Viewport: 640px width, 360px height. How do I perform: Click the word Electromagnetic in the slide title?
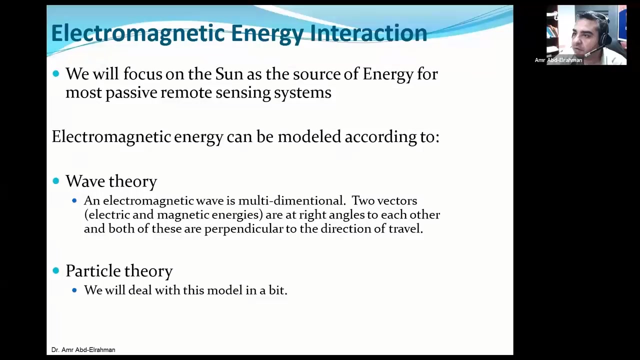(138, 33)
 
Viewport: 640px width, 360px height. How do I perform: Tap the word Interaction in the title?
(368, 33)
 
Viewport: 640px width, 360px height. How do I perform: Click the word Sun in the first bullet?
(228, 74)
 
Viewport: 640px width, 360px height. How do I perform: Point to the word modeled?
(309, 137)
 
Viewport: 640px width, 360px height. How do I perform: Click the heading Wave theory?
(111, 181)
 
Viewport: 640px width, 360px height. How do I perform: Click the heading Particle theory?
(119, 271)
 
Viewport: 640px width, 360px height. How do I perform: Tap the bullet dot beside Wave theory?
(55, 181)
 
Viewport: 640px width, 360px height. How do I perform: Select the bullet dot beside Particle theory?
(55, 270)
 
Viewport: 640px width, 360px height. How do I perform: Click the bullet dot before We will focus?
(55, 74)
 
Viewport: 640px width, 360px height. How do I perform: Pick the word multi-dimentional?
(291, 201)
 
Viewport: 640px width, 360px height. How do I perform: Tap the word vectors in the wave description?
(397, 201)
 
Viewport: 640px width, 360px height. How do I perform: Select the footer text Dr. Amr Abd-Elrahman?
(83, 350)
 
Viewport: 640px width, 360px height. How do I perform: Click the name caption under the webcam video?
(558, 60)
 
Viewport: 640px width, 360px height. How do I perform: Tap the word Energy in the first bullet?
(388, 74)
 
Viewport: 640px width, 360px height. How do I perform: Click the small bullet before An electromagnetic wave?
(74, 201)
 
